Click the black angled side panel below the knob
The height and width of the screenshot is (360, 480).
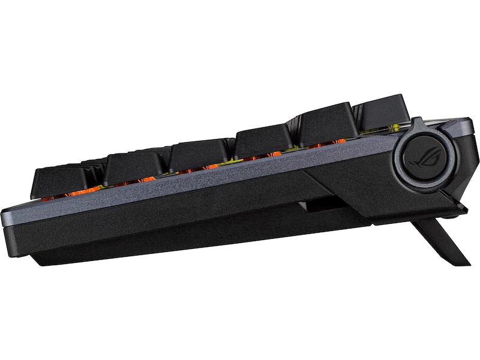tap(360, 186)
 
